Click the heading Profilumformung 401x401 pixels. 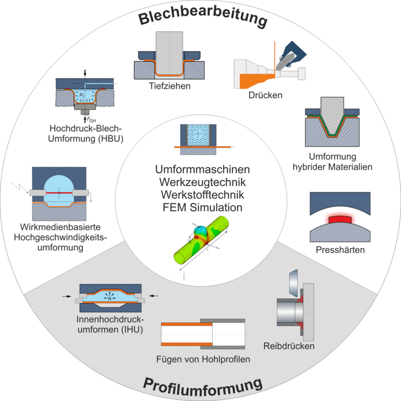click(x=203, y=387)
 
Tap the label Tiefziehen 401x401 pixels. click(x=169, y=86)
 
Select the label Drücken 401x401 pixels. click(x=265, y=95)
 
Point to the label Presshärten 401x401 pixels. click(x=340, y=250)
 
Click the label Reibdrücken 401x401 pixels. click(x=289, y=346)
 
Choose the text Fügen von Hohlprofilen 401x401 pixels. click(x=203, y=359)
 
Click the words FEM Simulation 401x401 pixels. click(x=203, y=207)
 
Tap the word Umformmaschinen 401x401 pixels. click(x=203, y=169)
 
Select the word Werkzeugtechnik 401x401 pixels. click(x=203, y=182)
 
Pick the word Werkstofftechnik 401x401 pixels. click(x=203, y=195)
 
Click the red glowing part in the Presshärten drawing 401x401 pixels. click(x=340, y=219)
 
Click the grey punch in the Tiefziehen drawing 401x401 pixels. click(x=169, y=52)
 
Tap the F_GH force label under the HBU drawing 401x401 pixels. click(x=91, y=120)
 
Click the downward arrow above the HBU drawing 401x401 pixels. click(x=85, y=73)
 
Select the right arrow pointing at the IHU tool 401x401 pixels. click(x=153, y=296)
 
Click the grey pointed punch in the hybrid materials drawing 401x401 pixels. click(x=332, y=115)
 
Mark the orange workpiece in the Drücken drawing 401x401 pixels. click(x=256, y=80)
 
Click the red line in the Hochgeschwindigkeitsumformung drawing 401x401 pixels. click(x=59, y=192)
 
